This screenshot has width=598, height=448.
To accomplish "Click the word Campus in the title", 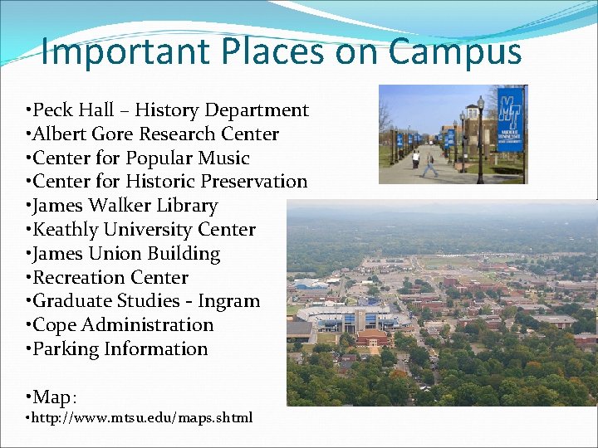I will pos(455,51).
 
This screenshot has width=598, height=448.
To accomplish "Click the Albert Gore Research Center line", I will pos(154,134).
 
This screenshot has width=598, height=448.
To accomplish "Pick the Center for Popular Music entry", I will pos(140,158).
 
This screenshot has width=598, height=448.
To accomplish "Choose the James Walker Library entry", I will pos(124,206).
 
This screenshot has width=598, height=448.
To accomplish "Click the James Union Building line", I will pos(125,254).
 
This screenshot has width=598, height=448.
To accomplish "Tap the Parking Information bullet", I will pos(119,349).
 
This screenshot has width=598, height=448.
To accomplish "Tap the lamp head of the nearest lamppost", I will pos(480,105).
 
